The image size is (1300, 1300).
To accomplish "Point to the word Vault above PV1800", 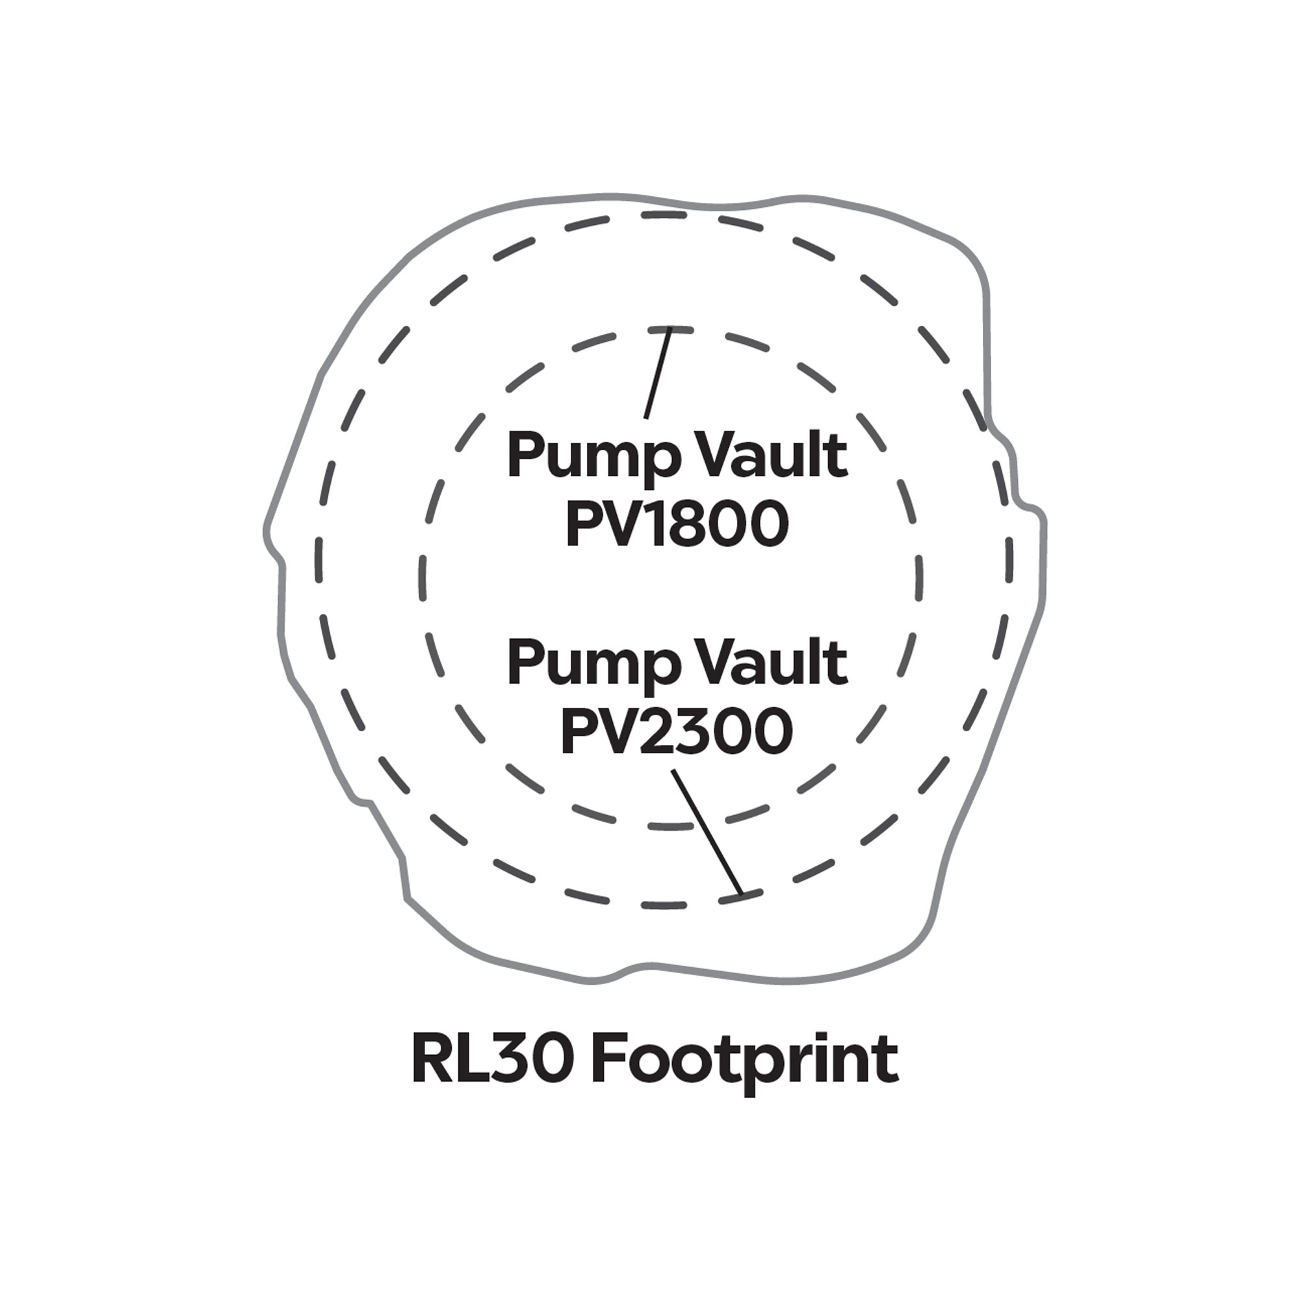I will click(x=764, y=456).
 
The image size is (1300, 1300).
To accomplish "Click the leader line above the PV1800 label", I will click(x=656, y=374).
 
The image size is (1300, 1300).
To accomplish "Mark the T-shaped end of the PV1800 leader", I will click(x=669, y=330).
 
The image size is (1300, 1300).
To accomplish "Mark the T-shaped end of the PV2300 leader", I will click(x=741, y=895).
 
